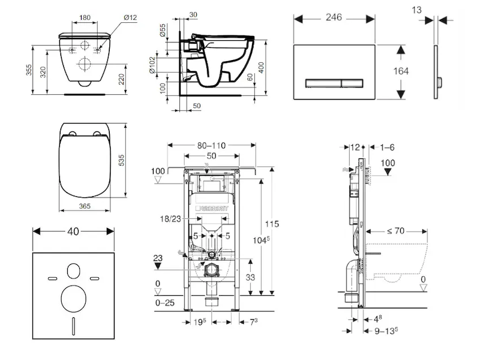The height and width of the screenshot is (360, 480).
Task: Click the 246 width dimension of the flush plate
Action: [x=334, y=17]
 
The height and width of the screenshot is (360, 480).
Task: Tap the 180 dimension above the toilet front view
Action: [x=85, y=17]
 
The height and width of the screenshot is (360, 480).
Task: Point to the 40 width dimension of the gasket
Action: [x=74, y=230]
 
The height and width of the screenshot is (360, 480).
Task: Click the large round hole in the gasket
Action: [x=74, y=297]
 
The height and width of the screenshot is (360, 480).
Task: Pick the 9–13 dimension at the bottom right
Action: [x=385, y=329]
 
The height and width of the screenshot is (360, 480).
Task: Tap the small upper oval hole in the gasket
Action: [x=74, y=271]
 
